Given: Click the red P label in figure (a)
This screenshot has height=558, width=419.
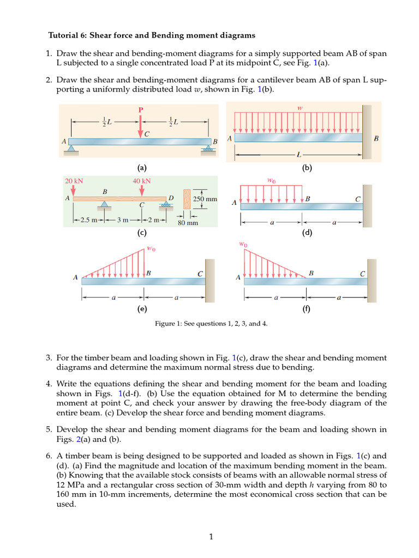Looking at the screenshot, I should pos(140,110).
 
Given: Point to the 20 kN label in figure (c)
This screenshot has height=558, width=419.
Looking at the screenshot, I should pos(74,181).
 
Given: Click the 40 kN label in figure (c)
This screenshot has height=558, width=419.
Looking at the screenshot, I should pos(141,181).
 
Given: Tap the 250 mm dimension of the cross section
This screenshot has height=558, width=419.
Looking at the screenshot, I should pos(205,199).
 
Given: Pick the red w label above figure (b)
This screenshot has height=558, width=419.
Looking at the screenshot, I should pos(300,108).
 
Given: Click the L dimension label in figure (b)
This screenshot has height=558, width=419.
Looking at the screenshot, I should pos(298,155).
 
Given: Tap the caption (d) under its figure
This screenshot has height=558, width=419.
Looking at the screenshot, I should pos(307,233).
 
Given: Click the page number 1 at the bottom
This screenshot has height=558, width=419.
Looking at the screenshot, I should pos(210,537).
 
